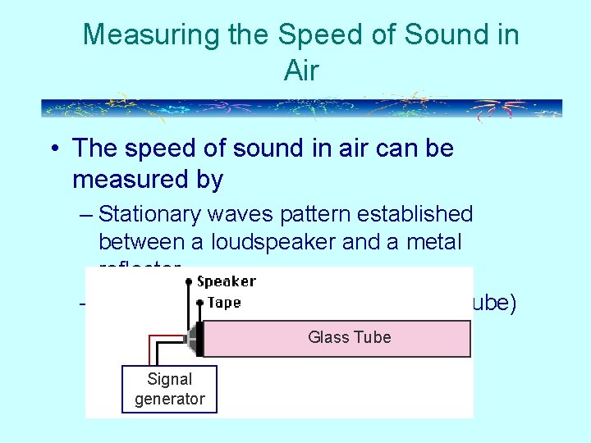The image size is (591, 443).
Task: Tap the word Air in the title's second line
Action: click(x=300, y=71)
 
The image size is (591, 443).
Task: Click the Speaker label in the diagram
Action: click(x=227, y=281)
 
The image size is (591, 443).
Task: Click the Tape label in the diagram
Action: click(x=224, y=303)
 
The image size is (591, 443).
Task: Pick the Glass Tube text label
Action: click(x=349, y=337)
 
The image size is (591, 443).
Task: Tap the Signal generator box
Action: click(x=170, y=389)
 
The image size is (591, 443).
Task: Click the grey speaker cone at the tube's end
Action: click(x=195, y=339)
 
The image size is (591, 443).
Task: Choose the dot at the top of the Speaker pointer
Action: click(x=190, y=281)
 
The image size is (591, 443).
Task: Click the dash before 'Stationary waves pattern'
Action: click(x=87, y=215)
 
